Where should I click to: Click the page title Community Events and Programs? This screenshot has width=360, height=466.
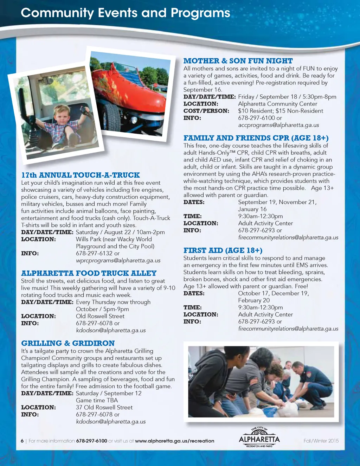[126, 13]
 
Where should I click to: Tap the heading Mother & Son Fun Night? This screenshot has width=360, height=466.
[238, 61]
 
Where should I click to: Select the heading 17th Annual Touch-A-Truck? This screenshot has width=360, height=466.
[81, 175]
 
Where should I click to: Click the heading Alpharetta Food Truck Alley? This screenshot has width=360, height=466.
[89, 273]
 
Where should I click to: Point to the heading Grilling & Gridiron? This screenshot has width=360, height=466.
[68, 343]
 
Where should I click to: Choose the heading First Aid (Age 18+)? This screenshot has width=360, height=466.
[223, 250]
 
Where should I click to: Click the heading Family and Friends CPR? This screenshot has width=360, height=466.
[256, 138]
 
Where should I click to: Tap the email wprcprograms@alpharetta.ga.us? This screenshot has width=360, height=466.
[118, 261]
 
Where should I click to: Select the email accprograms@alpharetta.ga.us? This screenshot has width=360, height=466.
[278, 125]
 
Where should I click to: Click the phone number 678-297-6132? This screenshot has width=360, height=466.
[94, 253]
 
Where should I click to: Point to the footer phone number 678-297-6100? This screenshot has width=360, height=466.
[91, 441]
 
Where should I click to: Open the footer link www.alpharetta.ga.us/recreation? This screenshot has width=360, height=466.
[174, 441]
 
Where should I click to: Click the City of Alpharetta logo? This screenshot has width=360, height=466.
[259, 437]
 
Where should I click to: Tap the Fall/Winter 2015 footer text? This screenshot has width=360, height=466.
[321, 441]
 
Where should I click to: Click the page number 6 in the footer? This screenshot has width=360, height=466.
[22, 441]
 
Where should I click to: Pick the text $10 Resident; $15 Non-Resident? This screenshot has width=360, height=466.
[281, 111]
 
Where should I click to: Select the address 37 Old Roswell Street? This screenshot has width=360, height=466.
[104, 408]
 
